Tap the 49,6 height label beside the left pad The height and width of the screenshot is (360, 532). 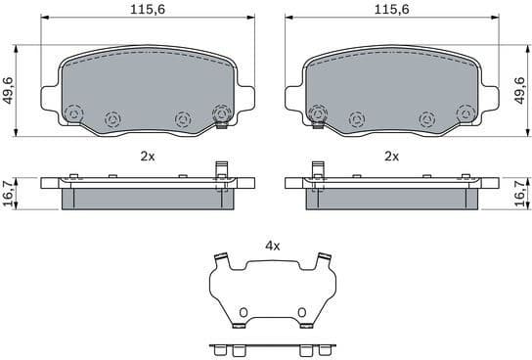(9, 93)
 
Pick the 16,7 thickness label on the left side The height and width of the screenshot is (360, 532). (9, 192)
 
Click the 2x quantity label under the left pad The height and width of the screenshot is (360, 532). (148, 156)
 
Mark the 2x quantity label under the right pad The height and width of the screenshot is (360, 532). (391, 156)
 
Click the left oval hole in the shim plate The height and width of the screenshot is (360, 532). (241, 314)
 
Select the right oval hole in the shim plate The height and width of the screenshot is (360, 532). (302, 314)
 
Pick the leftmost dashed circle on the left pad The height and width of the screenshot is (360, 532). (76, 116)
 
